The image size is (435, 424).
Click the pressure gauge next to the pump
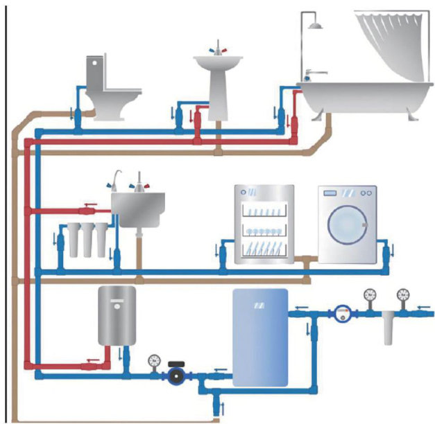click(153, 361)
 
